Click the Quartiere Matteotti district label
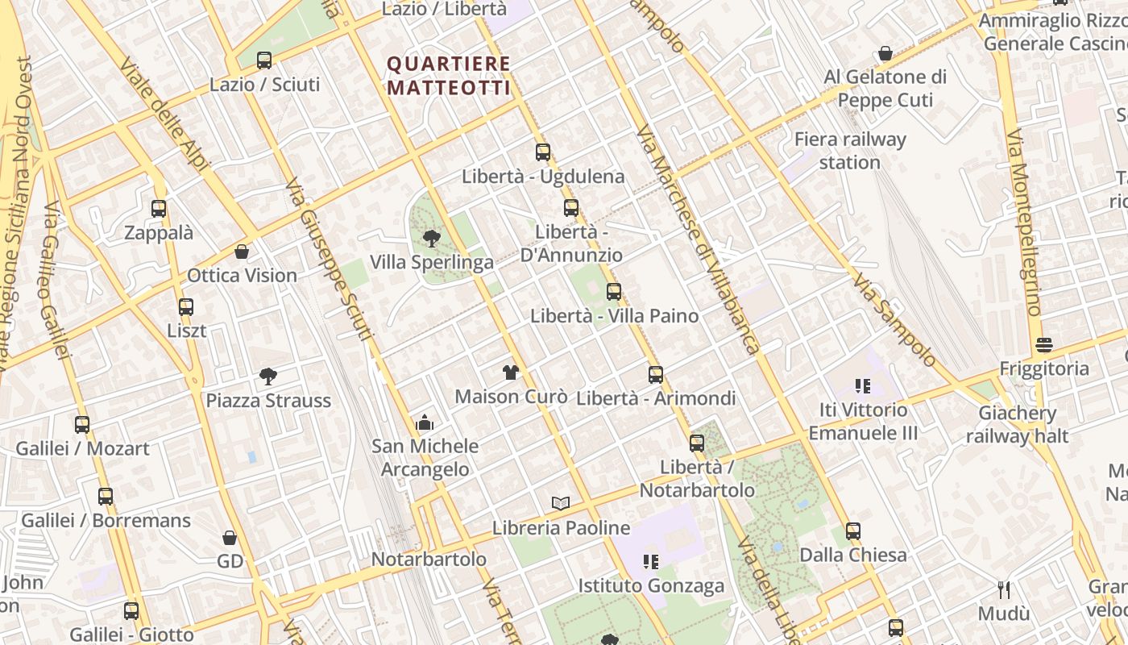click(449, 75)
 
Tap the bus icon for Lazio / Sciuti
click(264, 60)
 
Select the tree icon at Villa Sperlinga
click(431, 238)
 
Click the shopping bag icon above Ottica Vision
click(242, 252)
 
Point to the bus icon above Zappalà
click(159, 209)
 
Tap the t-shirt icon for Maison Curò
click(511, 372)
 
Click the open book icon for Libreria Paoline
click(561, 503)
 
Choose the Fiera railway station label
click(850, 151)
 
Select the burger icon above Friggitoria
click(1044, 345)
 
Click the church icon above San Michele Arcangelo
click(425, 422)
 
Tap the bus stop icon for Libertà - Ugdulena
click(543, 152)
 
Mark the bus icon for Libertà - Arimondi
click(656, 374)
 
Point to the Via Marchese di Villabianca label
click(698, 240)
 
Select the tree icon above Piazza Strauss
click(268, 376)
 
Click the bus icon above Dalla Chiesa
click(853, 531)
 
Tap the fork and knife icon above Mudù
click(1004, 590)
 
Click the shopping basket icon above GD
click(230, 537)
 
